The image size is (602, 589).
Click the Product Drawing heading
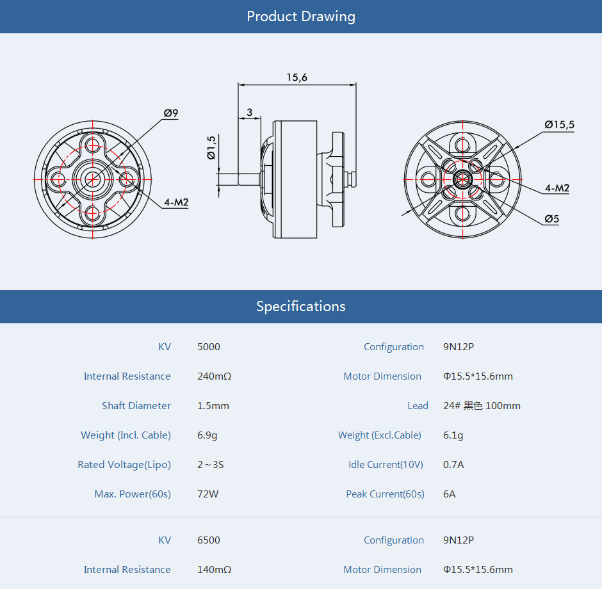tap(301, 17)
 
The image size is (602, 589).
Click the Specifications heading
tap(301, 307)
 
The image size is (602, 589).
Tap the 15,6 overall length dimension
tap(297, 77)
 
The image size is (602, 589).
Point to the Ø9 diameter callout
tap(171, 113)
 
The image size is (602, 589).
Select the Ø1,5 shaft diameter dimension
tap(211, 148)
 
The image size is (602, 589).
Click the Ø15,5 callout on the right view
tap(559, 125)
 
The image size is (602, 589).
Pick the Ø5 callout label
tap(552, 219)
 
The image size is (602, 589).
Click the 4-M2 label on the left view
tap(176, 202)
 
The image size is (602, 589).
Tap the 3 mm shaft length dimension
tap(250, 112)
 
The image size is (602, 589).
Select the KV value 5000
tap(209, 347)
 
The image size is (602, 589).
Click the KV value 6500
tap(209, 540)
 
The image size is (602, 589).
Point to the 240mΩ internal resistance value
tap(214, 376)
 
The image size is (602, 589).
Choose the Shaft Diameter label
tap(136, 406)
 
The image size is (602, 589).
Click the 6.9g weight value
tap(207, 435)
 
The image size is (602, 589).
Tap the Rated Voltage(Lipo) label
tap(124, 465)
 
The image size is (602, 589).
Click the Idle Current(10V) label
tap(386, 465)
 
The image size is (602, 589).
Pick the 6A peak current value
tap(450, 494)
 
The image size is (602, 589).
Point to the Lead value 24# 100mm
tap(482, 406)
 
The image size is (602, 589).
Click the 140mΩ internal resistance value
tap(214, 570)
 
